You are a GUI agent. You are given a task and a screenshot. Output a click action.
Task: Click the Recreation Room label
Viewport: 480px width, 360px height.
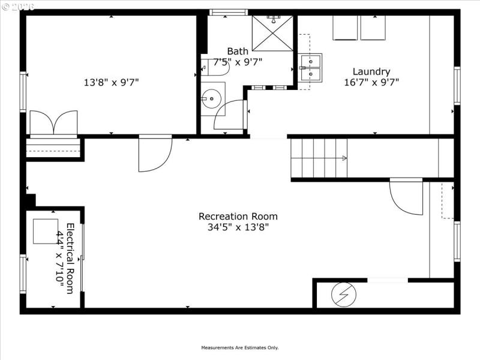[238, 216]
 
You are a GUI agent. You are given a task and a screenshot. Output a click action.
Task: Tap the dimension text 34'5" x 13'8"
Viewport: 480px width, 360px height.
[238, 227]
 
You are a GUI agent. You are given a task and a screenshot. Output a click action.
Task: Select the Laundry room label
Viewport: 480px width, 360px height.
[371, 71]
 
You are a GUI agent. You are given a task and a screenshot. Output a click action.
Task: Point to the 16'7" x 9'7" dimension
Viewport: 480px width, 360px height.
[371, 82]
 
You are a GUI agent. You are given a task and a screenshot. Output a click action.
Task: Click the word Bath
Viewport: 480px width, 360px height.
[238, 51]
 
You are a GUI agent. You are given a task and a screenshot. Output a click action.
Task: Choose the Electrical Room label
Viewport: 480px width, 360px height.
[70, 259]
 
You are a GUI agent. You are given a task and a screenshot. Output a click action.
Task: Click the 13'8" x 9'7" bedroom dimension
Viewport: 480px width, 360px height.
[111, 82]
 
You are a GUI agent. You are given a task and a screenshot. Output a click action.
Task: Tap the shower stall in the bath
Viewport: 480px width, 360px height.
[272, 34]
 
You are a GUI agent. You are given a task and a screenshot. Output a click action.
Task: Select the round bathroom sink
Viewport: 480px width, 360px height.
[211, 98]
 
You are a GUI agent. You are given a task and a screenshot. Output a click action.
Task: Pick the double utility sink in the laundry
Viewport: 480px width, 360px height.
[310, 67]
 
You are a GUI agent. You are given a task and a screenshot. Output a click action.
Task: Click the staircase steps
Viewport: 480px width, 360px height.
[318, 158]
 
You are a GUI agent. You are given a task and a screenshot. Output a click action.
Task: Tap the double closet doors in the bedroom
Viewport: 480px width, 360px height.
[53, 124]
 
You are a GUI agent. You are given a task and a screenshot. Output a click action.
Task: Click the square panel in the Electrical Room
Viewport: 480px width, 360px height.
[45, 231]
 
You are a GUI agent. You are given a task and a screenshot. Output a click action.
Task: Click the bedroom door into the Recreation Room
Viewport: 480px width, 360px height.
[154, 153]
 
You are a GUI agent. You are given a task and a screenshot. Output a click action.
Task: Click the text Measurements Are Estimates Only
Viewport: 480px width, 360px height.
[239, 347]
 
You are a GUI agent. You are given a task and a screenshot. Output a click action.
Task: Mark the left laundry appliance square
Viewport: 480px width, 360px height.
[345, 28]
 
